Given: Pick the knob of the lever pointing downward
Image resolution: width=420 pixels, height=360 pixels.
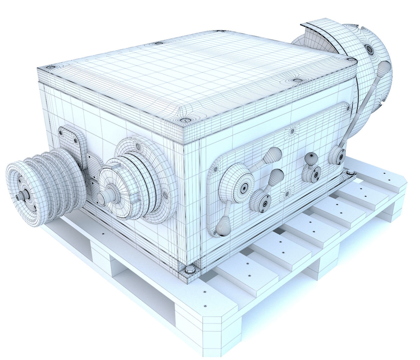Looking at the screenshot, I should (223, 225).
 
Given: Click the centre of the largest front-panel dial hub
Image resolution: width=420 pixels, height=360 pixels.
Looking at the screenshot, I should (244, 188).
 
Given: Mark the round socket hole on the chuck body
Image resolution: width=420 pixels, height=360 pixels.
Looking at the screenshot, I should (368, 47).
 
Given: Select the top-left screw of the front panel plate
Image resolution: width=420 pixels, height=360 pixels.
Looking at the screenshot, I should (215, 169).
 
